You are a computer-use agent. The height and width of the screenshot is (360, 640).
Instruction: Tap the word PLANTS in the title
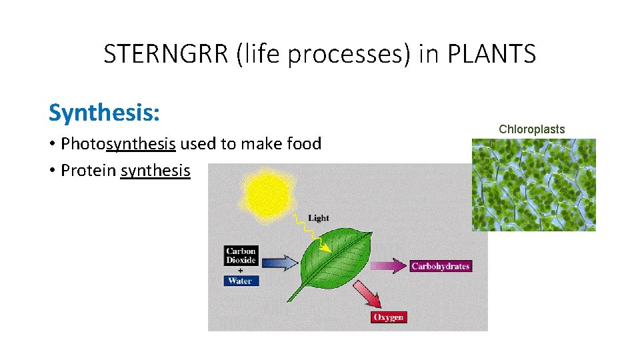tap(491, 54)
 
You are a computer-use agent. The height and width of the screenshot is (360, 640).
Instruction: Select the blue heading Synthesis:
tap(104, 113)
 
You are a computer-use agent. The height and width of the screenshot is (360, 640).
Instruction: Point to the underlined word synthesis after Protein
tap(155, 170)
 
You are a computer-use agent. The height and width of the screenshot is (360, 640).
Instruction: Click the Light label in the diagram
tap(318, 218)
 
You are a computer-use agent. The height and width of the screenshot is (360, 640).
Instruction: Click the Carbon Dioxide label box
tap(241, 256)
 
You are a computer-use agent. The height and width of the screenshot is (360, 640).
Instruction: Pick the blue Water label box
tap(241, 281)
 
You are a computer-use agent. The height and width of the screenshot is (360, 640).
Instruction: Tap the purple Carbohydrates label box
tap(440, 266)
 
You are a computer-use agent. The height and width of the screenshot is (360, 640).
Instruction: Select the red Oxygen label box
tap(388, 317)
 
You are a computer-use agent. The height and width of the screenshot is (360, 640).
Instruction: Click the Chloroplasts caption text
tap(531, 129)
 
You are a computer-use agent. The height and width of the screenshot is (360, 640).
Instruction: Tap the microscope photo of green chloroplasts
tap(533, 185)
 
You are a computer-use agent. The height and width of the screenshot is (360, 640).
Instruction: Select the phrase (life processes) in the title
tap(324, 54)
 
